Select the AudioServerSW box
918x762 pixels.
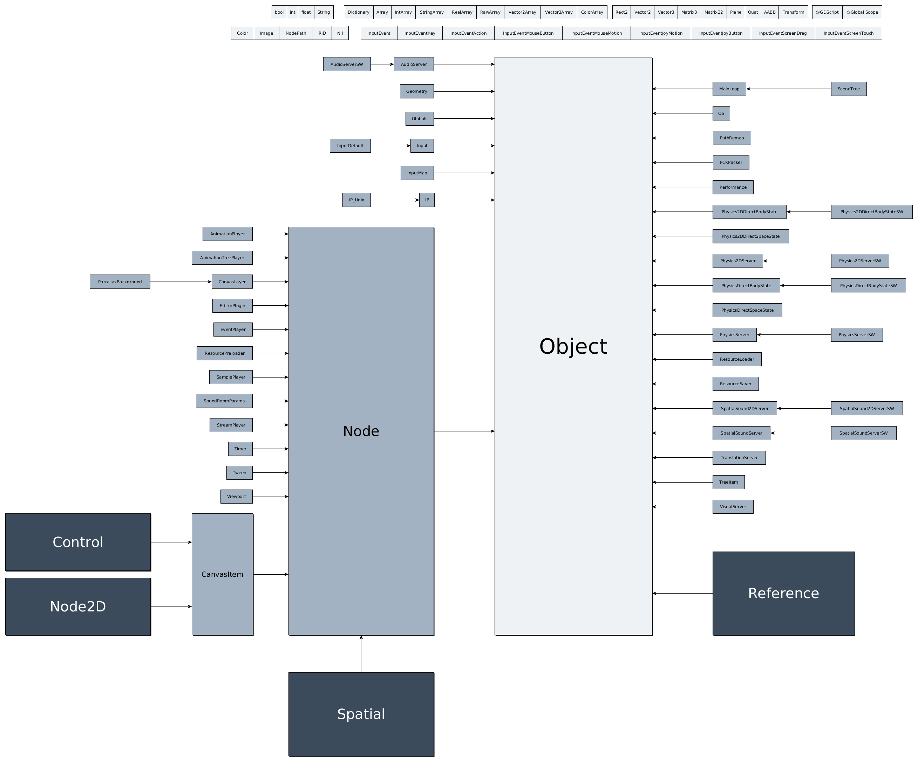(x=347, y=64)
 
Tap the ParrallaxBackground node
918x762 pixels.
(x=120, y=282)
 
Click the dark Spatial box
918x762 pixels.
(x=361, y=714)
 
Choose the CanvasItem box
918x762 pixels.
(x=222, y=574)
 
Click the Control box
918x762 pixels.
(x=78, y=542)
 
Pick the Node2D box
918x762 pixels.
(x=78, y=607)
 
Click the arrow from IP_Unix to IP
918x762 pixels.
(x=394, y=200)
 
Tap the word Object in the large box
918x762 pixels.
(x=573, y=346)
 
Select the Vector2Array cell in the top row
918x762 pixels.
(x=522, y=12)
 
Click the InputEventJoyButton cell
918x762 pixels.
(x=720, y=33)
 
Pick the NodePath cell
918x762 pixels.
(x=295, y=33)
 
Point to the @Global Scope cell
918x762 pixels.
(x=862, y=12)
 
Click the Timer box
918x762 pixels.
(x=240, y=449)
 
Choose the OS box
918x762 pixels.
(x=721, y=113)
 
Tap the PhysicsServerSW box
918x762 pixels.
(x=856, y=335)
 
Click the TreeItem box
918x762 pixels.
(x=728, y=482)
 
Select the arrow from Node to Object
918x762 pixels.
(x=464, y=431)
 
